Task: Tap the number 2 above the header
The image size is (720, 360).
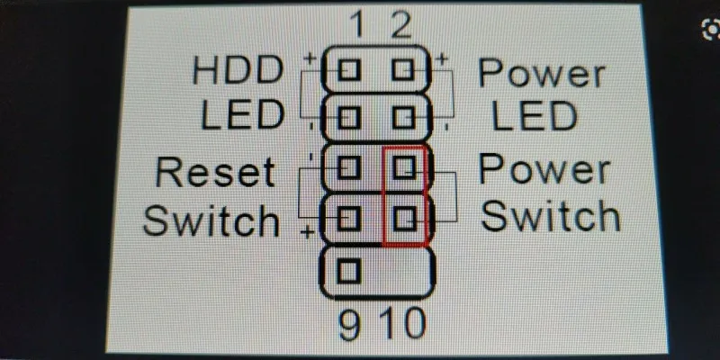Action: click(x=400, y=24)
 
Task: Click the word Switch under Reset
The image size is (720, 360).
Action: click(x=211, y=219)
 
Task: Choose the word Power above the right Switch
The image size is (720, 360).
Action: click(x=544, y=169)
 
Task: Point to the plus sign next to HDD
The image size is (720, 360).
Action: click(x=310, y=58)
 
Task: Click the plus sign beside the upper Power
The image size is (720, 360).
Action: click(x=443, y=59)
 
